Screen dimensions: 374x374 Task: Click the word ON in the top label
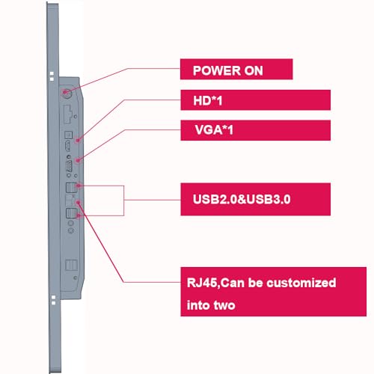254,70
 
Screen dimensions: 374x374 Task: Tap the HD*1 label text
208,101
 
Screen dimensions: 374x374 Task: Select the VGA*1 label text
214,130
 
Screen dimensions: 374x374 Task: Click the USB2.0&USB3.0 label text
242,200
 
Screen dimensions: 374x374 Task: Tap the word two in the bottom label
224,305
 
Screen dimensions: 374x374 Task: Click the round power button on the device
67,93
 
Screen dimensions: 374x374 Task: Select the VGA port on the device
69,166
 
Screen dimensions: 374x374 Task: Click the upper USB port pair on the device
71,188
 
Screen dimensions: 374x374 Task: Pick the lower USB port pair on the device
71,213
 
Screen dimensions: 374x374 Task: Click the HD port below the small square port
67,146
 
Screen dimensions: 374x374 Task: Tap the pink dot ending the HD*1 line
78,141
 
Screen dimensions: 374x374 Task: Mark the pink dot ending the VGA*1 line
78,160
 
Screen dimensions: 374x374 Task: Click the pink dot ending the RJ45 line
79,203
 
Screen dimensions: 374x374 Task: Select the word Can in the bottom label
233,283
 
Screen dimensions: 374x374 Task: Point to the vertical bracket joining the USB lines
124,200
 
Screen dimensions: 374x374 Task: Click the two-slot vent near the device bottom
71,266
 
